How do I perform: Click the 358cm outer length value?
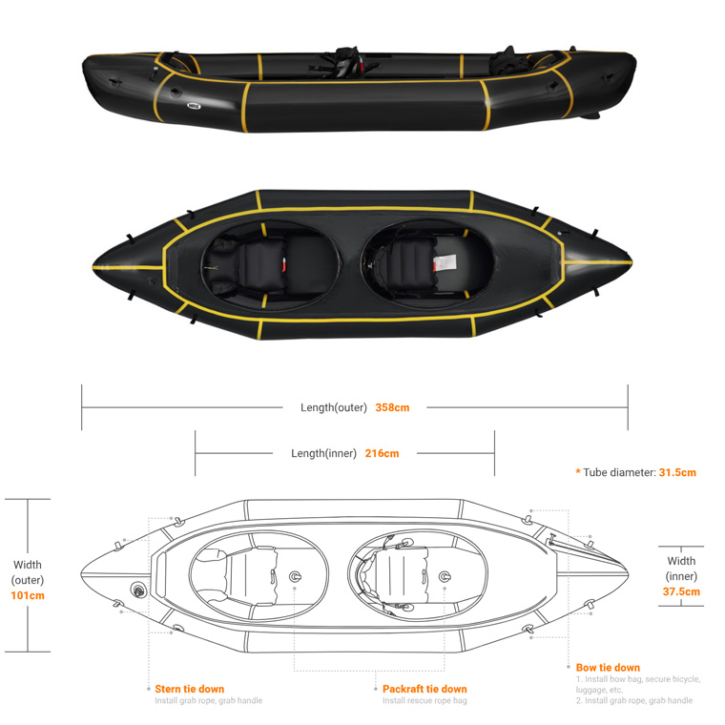(x=392, y=407)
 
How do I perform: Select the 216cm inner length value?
(x=382, y=453)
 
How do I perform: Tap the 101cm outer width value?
(x=28, y=595)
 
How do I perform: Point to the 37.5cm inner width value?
(x=681, y=591)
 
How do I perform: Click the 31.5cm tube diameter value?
(x=677, y=472)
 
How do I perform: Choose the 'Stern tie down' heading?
(x=190, y=689)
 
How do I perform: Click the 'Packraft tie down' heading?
(x=425, y=689)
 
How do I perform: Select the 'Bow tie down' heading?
(x=608, y=668)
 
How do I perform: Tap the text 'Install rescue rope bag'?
(x=425, y=700)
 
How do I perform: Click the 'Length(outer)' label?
(x=333, y=407)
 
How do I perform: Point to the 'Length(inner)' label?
(x=323, y=453)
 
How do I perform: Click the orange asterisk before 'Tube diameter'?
(x=578, y=471)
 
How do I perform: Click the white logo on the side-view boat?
(x=194, y=106)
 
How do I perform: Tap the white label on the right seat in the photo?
(x=445, y=263)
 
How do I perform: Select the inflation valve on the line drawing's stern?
(x=137, y=590)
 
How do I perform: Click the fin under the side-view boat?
(x=590, y=115)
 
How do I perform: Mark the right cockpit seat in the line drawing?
(x=394, y=575)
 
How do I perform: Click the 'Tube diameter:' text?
(x=619, y=472)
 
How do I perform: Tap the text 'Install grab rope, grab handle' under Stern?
(x=209, y=700)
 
